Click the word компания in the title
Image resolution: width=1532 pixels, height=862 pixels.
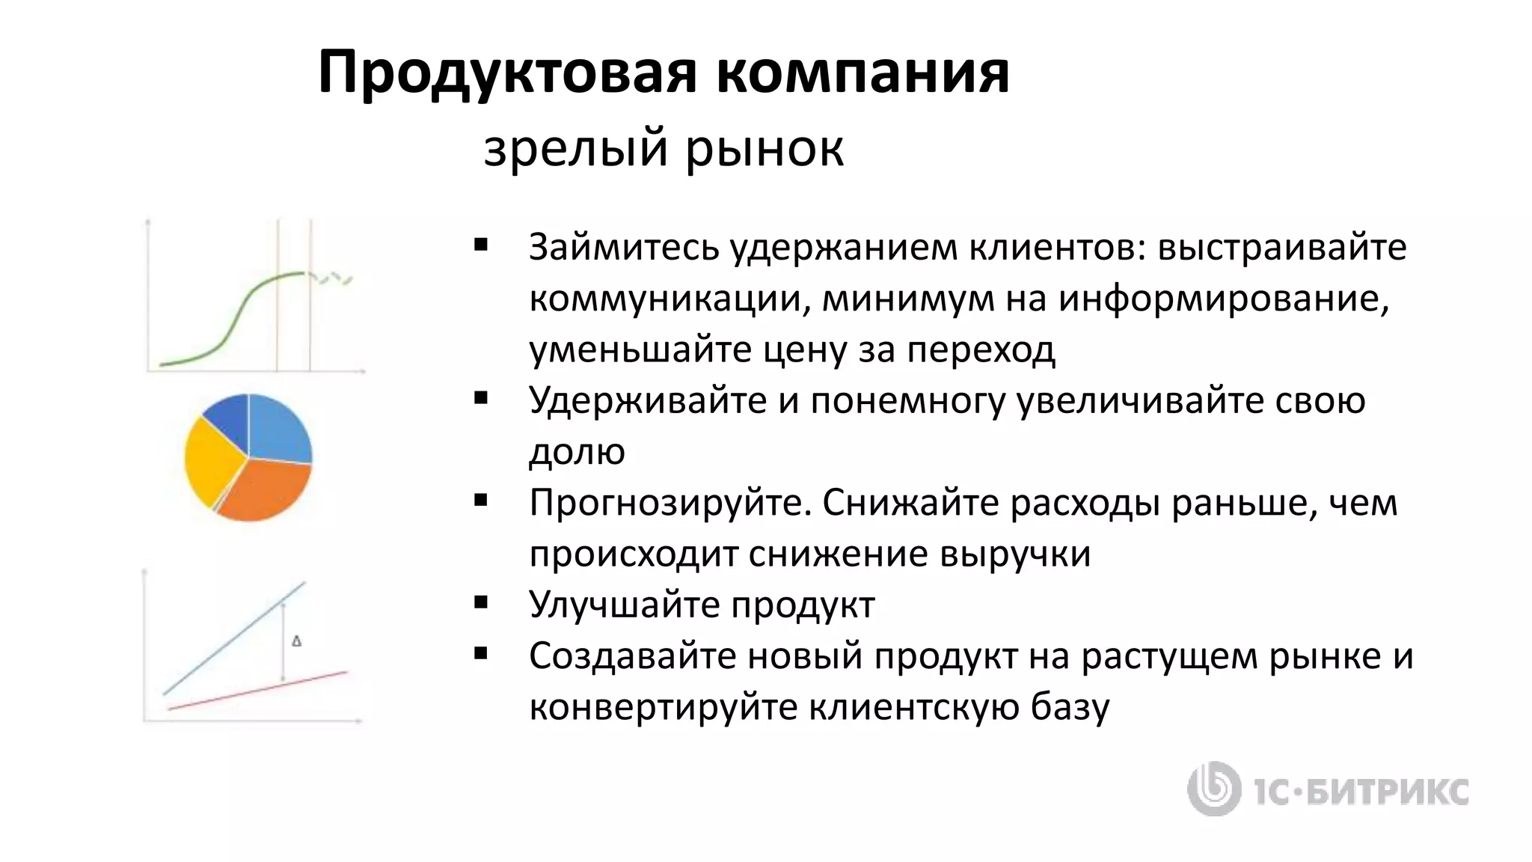tap(862, 73)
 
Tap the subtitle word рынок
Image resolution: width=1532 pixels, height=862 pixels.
tap(764, 148)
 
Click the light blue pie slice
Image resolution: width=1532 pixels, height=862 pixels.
tap(278, 430)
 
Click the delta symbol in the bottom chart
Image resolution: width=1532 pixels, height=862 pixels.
tap(296, 641)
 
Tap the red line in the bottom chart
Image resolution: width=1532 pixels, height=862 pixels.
tap(258, 691)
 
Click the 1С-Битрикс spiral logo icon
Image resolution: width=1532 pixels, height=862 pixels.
tap(1213, 789)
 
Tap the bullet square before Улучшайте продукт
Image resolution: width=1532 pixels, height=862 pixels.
tap(481, 602)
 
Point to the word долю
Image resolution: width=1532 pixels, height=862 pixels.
tap(577, 452)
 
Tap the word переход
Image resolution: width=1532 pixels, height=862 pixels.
tap(981, 350)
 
